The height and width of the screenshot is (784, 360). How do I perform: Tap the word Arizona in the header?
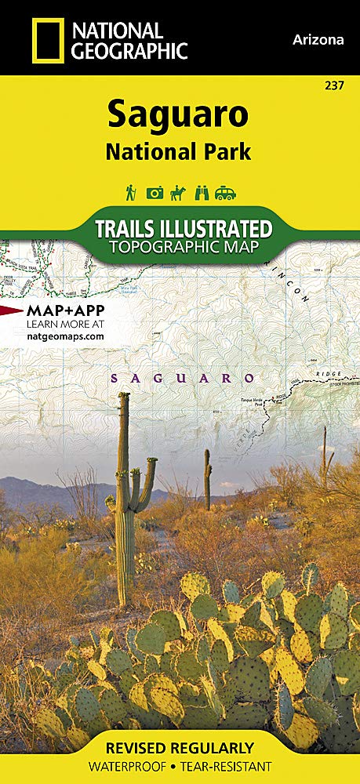318,40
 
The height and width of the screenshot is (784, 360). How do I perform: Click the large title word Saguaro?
178,114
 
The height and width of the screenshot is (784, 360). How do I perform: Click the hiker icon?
130,193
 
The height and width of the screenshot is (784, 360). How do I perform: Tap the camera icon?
155,193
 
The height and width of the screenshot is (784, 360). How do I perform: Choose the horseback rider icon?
178,193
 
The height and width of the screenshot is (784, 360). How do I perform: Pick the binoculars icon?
202,193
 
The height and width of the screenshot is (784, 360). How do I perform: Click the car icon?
227,193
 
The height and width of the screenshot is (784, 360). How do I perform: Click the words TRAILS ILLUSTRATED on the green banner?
183,229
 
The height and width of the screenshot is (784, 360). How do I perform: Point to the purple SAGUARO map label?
183,378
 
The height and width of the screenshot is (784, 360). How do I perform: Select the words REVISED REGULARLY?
180,747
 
